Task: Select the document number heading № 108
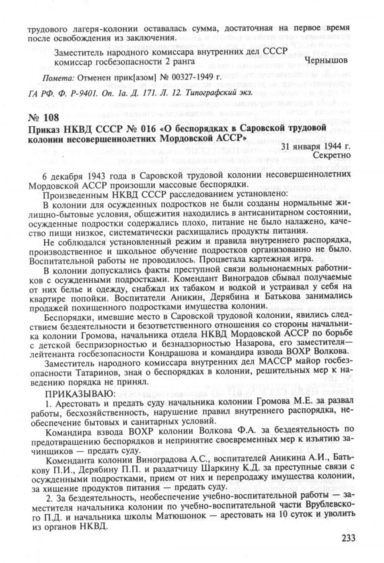tap(44, 118)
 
